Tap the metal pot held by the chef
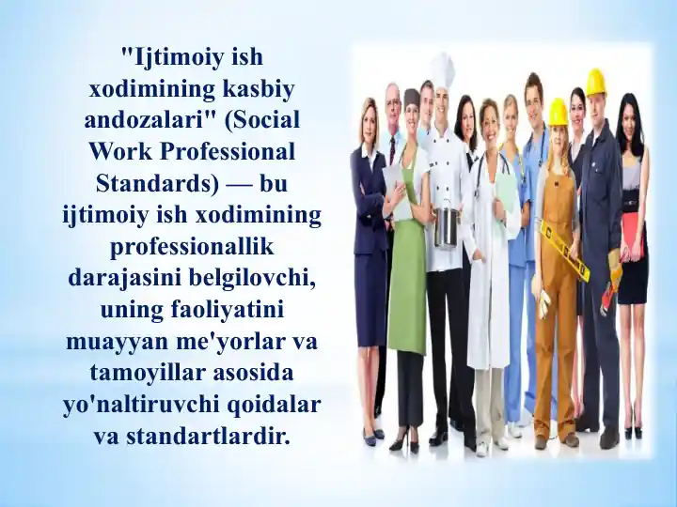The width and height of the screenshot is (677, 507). pos(447,226)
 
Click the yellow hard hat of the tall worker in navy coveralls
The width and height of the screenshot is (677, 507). pos(595,82)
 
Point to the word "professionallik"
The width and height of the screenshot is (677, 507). pos(194,246)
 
